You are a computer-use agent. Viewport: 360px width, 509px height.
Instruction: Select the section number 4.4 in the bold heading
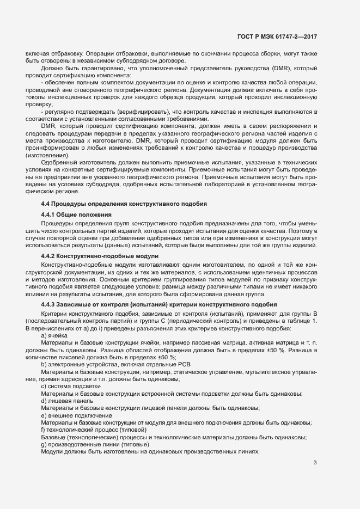(46, 203)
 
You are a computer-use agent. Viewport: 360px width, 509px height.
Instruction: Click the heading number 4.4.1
(48, 214)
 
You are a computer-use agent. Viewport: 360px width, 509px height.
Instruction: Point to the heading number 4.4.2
(48, 255)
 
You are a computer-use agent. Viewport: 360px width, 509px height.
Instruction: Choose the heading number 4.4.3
(48, 303)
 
